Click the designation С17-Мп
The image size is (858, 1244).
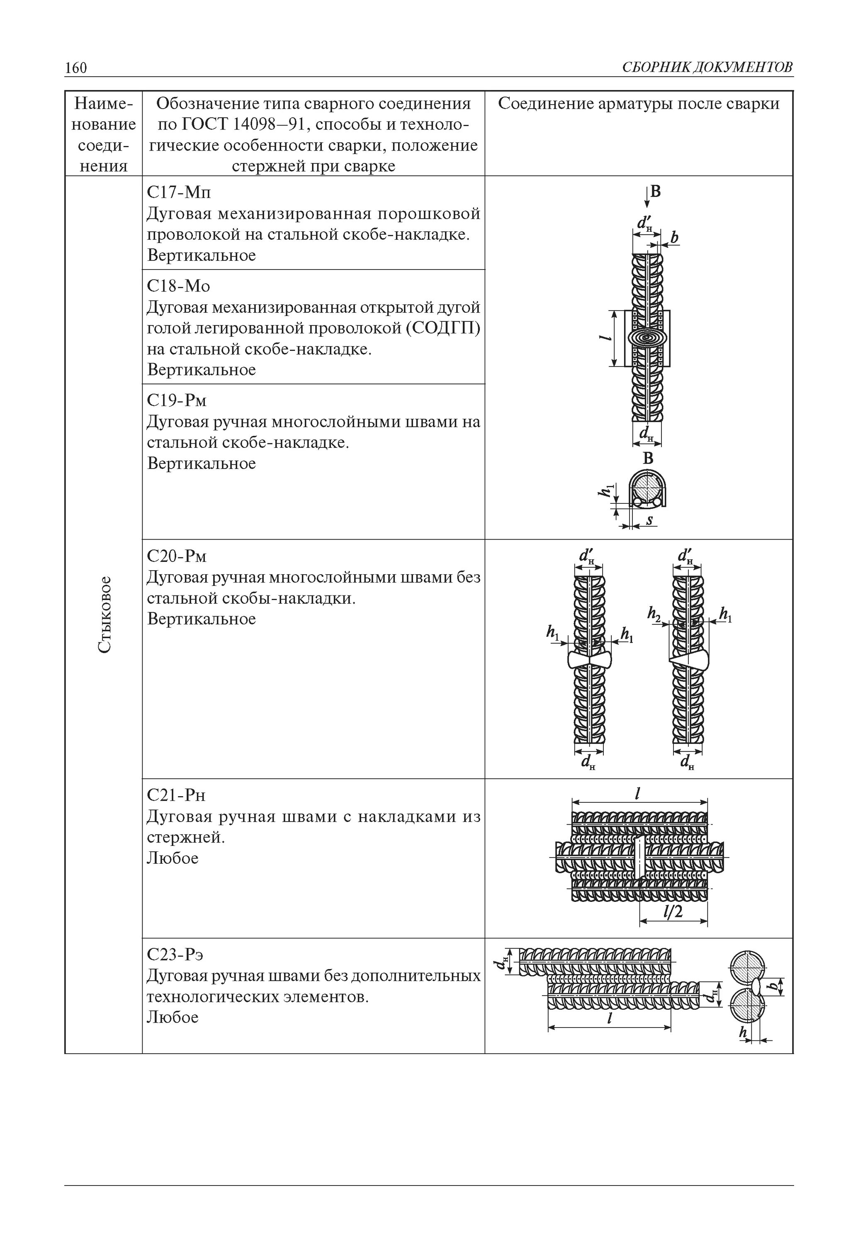coord(179,192)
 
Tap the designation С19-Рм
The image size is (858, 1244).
coord(177,401)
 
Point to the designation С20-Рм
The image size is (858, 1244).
coord(177,556)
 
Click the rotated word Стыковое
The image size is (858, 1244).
coord(105,615)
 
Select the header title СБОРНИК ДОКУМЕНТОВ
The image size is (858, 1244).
coord(707,68)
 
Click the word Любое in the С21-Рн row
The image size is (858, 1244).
coord(173,858)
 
